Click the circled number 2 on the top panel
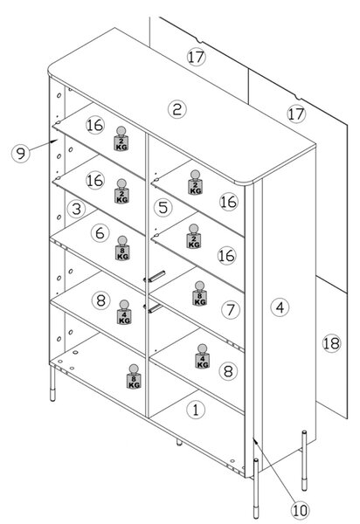point(177,109)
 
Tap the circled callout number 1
point(196,409)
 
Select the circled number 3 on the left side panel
point(77,209)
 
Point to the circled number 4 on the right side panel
point(280,307)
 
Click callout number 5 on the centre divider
point(163,208)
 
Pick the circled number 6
point(100,232)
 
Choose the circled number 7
point(231,309)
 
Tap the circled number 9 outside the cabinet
point(21,154)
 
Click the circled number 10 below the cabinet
point(300,510)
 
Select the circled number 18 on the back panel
point(331,343)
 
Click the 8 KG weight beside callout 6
point(122,248)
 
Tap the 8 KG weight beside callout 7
point(199,293)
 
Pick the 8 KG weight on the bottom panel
point(134,376)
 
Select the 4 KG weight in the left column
point(124,312)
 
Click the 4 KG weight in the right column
point(202,356)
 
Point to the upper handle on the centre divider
point(155,277)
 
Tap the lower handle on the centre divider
point(153,308)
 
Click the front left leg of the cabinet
point(52,383)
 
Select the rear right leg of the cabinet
point(304,460)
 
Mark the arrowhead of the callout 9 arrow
point(53,141)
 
